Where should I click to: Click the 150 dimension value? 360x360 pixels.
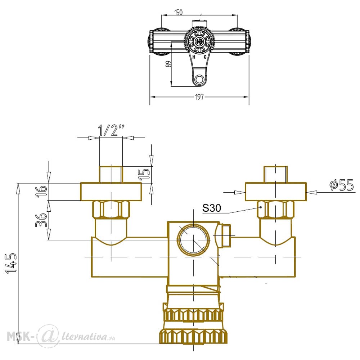179,12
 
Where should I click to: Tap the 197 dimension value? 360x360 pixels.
199,97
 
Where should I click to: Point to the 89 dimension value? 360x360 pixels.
168,64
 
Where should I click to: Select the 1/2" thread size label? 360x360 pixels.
111,130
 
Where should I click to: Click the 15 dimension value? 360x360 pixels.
144,174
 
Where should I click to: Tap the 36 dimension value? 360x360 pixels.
41,220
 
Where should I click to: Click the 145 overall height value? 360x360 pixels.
11,264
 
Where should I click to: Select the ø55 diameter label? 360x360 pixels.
341,185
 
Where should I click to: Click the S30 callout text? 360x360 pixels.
211,208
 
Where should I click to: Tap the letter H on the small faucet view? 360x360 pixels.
194,57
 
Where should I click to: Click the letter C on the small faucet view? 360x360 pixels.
205,57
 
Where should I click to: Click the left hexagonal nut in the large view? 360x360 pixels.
111,210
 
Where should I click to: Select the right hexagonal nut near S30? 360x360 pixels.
275,210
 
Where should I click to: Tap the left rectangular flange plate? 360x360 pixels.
111,192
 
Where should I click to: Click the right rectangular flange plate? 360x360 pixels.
275,192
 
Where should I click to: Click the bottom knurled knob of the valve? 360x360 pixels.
193,336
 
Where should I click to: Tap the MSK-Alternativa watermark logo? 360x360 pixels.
61,337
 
